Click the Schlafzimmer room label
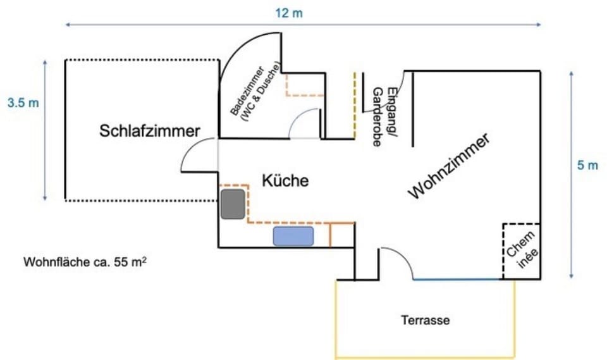(150, 131)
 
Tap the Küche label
(285, 181)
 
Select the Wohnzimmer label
(449, 166)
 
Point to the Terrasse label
(426, 320)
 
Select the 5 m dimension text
(587, 166)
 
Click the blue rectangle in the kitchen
(293, 236)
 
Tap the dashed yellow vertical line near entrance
(355, 104)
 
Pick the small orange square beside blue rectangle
(341, 235)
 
